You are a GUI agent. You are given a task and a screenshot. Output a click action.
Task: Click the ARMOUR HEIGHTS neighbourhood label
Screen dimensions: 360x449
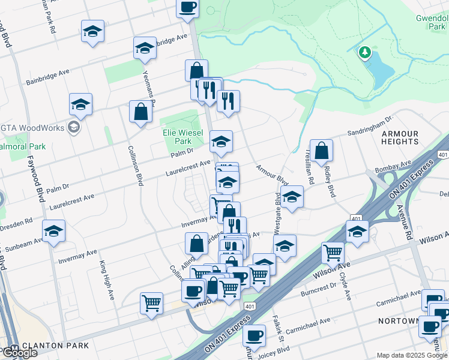[x=400, y=137]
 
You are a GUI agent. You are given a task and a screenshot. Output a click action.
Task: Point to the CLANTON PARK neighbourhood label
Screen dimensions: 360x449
[x=55, y=346]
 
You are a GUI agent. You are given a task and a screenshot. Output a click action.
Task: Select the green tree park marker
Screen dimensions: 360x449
[x=364, y=53]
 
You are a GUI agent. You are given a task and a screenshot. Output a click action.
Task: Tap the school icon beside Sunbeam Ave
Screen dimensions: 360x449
[x=53, y=231]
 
